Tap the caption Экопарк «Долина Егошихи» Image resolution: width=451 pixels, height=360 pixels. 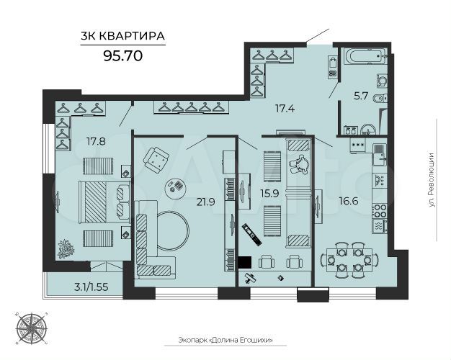[x=228, y=341]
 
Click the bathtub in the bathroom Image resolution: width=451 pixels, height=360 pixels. [x=363, y=57]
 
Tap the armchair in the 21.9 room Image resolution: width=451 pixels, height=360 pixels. [x=158, y=158]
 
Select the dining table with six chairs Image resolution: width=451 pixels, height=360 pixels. [x=348, y=260]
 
